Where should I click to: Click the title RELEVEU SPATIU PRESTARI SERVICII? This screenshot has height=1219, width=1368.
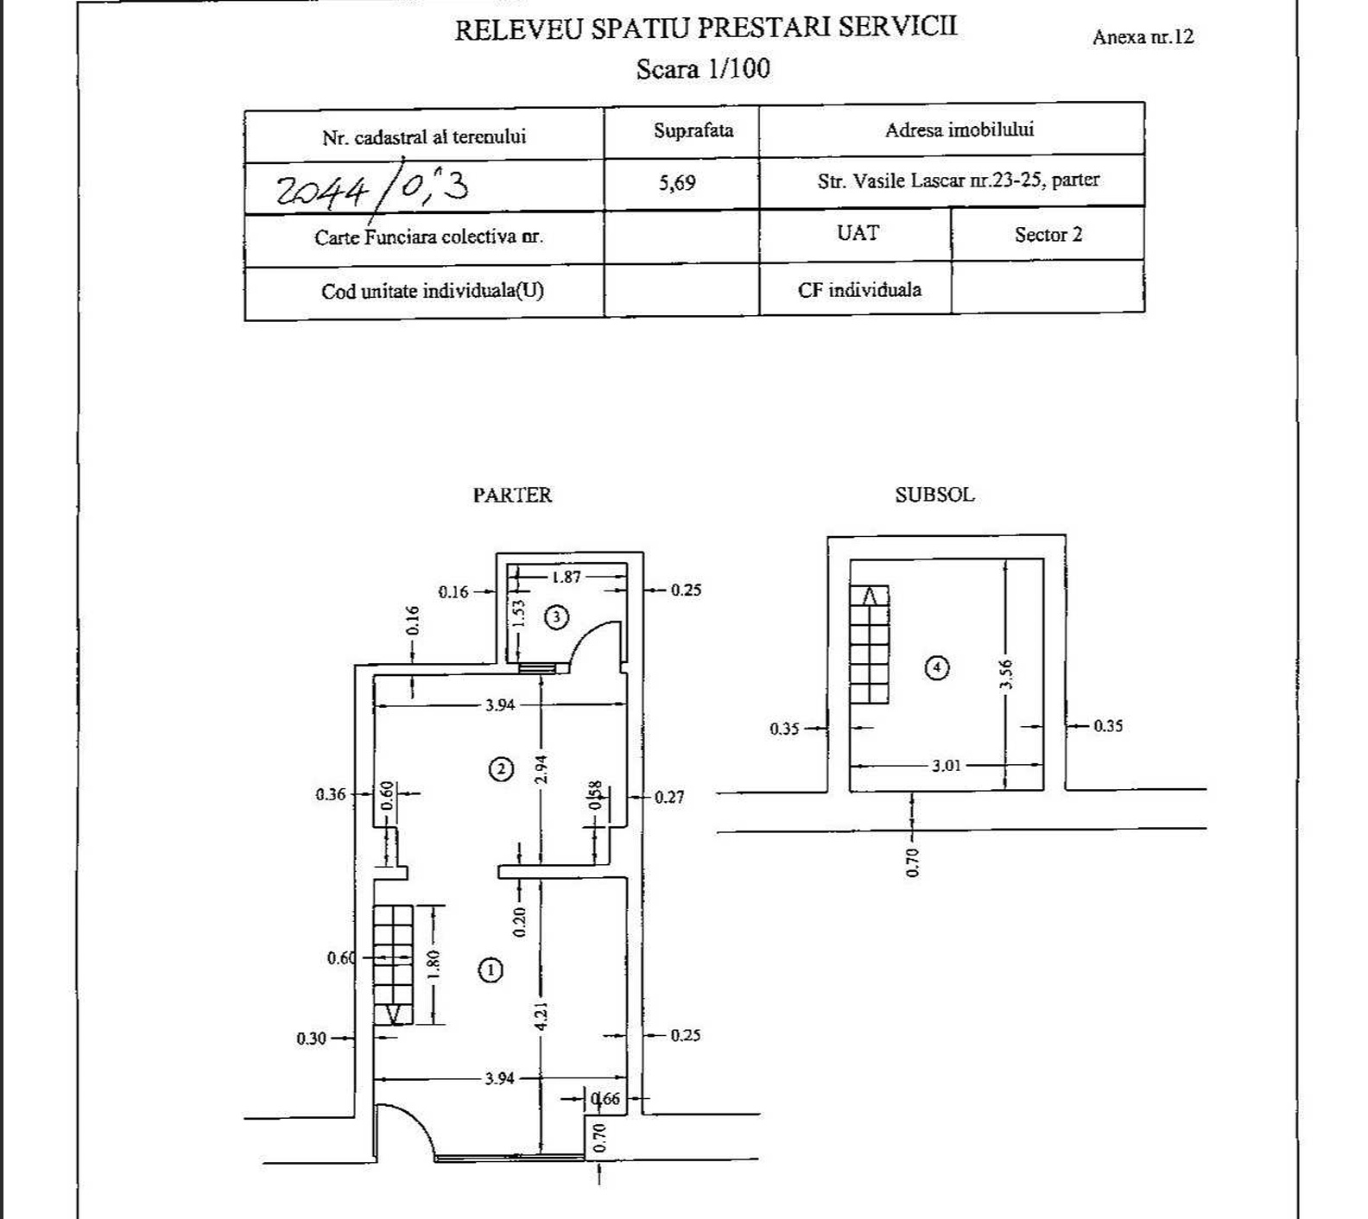tap(706, 27)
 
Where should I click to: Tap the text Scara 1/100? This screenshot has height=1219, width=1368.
tap(703, 69)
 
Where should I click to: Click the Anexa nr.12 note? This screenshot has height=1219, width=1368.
tap(1143, 37)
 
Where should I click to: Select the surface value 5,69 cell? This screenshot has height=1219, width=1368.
tap(677, 183)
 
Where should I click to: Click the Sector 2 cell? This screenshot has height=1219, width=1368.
tap(1048, 235)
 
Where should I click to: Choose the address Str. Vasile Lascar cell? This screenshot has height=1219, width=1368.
tap(959, 180)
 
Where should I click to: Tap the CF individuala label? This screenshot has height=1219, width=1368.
tap(859, 290)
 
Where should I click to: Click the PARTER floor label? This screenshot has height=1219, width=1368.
tap(512, 495)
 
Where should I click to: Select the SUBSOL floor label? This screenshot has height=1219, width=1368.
tap(934, 495)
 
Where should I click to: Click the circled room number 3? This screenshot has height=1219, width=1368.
tap(557, 616)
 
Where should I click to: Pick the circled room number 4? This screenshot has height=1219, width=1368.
tap(937, 667)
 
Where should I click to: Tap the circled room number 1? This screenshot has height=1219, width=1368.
tap(491, 970)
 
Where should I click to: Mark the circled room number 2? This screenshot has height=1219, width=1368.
tap(501, 769)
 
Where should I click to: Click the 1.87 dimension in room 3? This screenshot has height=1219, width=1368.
tap(567, 577)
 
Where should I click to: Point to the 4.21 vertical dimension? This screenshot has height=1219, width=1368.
tap(541, 1015)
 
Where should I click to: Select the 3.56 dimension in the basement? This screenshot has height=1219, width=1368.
tap(1006, 674)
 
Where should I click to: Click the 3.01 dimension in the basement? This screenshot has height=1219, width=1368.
tap(946, 766)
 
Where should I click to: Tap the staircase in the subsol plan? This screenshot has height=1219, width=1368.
tap(870, 644)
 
